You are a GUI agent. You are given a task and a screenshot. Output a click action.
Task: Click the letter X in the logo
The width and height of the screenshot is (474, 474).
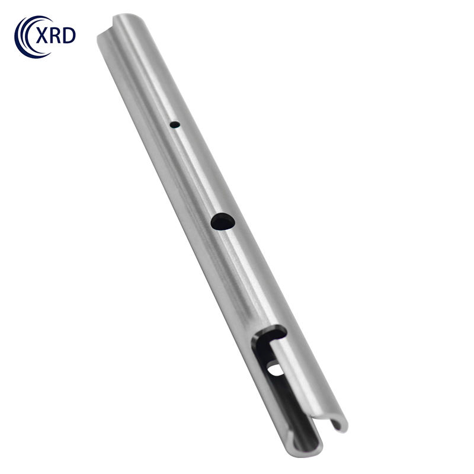tap(41, 36)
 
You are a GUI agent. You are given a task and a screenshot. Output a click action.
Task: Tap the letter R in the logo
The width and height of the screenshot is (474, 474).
tap(55, 36)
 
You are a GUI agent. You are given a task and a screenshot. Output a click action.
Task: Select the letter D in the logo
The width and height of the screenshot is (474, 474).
tap(69, 36)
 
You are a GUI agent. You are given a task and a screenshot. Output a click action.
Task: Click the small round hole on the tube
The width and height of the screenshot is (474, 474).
tap(175, 124)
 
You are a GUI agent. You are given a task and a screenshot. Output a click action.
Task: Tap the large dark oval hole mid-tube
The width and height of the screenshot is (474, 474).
tap(223, 222)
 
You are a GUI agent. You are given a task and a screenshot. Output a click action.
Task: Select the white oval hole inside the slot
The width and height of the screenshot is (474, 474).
tap(275, 370)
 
